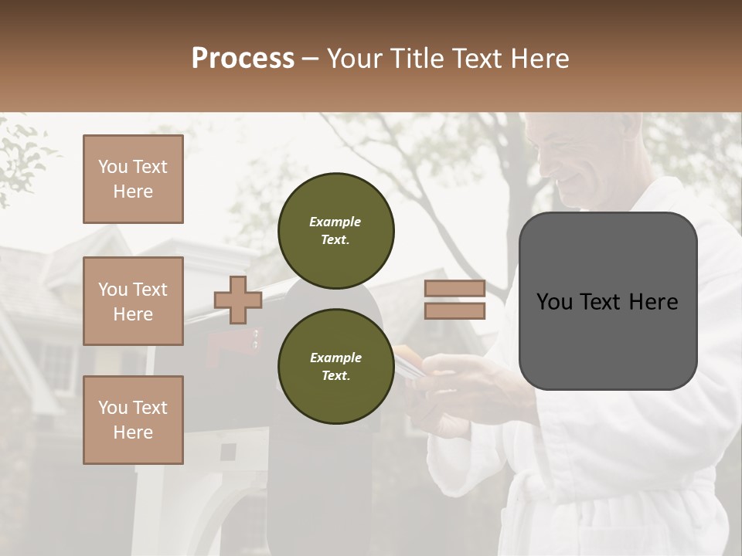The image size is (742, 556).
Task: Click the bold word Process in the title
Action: [x=243, y=59]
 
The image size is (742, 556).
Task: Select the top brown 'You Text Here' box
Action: [x=133, y=179]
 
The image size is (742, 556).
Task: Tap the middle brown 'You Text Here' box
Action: [x=133, y=301]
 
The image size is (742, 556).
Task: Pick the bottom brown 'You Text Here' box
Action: [x=133, y=420]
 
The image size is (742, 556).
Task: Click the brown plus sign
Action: [x=238, y=300]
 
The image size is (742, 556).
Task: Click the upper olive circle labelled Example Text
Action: [x=335, y=231]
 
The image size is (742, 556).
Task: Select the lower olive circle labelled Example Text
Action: [x=335, y=367]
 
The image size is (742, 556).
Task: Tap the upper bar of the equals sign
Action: [x=454, y=289]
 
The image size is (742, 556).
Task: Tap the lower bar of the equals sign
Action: [x=454, y=311]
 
